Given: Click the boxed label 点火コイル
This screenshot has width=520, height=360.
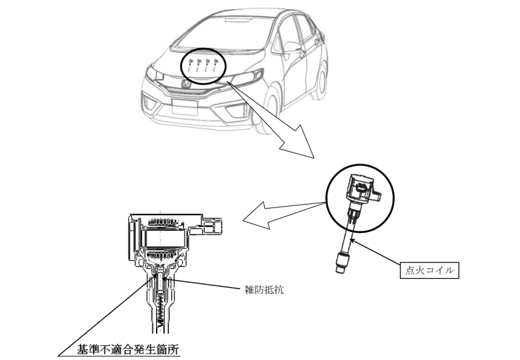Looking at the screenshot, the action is tap(430, 270).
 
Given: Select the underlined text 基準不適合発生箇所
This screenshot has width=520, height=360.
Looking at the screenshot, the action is tap(128, 350).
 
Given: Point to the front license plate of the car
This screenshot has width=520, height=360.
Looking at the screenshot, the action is tap(185, 106).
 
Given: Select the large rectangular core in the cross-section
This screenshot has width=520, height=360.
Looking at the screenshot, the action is tap(162, 238).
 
